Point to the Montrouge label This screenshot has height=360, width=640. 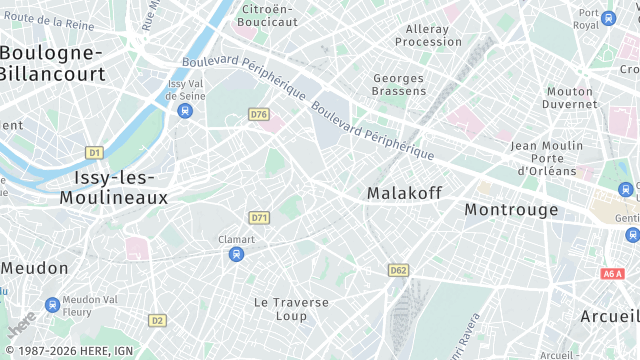coord(511,210)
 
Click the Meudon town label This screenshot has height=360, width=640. coord(35,268)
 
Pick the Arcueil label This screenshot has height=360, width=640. coord(609,315)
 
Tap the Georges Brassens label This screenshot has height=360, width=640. coord(400,84)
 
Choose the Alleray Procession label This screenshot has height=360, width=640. coord(428,36)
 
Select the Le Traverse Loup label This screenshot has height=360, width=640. coord(280,308)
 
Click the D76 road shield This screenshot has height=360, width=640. coord(260,115)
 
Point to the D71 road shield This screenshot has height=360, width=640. coord(260,217)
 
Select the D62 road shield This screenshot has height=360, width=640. coord(399,270)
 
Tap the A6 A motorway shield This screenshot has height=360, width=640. coord(613,273)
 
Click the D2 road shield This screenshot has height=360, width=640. coord(157,320)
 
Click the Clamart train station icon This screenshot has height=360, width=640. coord(236,254)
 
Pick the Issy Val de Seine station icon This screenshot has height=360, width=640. coord(185,111)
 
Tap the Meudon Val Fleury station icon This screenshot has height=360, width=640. coord(52,305)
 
